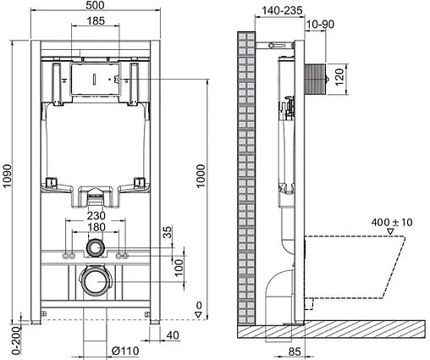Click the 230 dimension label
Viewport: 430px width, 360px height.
(95, 215)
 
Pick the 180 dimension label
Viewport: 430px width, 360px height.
(95, 228)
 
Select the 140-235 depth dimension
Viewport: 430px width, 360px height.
(257, 11)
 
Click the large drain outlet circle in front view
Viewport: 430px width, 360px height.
(95, 280)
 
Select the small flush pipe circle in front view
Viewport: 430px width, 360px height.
(95, 251)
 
